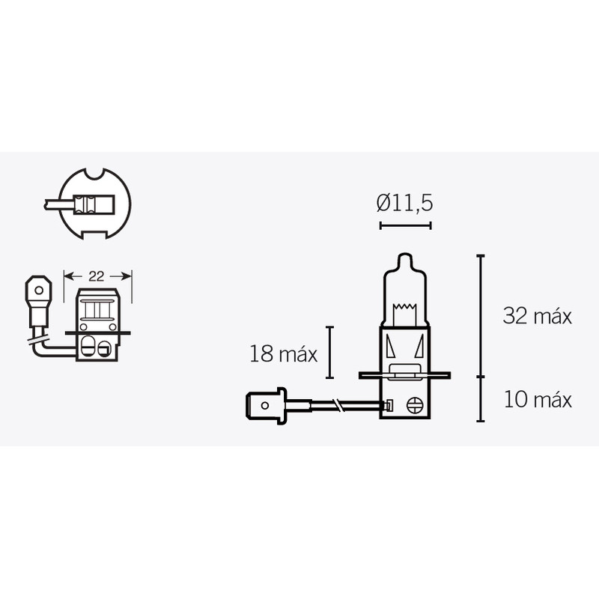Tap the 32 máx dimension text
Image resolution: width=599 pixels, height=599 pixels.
click(537, 316)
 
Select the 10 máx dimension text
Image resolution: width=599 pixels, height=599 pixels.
click(538, 400)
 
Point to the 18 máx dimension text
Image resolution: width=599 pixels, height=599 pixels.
click(284, 354)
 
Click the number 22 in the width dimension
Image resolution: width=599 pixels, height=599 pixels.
click(97, 276)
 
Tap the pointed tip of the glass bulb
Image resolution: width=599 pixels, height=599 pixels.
click(405, 258)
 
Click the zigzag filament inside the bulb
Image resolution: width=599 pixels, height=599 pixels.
click(404, 308)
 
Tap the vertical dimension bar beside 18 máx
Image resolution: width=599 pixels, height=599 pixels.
click(329, 353)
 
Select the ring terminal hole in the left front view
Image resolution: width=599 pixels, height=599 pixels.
click(37, 288)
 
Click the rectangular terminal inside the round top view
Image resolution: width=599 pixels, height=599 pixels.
click(87, 203)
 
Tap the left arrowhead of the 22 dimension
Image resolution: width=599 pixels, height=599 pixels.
click(67, 276)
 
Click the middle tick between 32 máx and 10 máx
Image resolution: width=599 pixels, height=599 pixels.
click(480, 375)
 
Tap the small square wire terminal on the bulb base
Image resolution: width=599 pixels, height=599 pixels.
click(388, 406)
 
